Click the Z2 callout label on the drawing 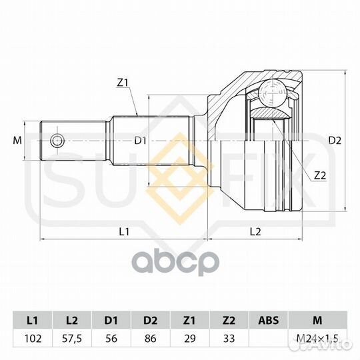coord(320,175)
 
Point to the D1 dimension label coord(140,141)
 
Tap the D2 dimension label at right coord(335,141)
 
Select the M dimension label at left coord(17,140)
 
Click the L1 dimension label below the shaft coord(124,232)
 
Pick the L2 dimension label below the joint coord(255,232)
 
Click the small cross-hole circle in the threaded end coord(57,141)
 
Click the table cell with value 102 coord(33,339)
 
